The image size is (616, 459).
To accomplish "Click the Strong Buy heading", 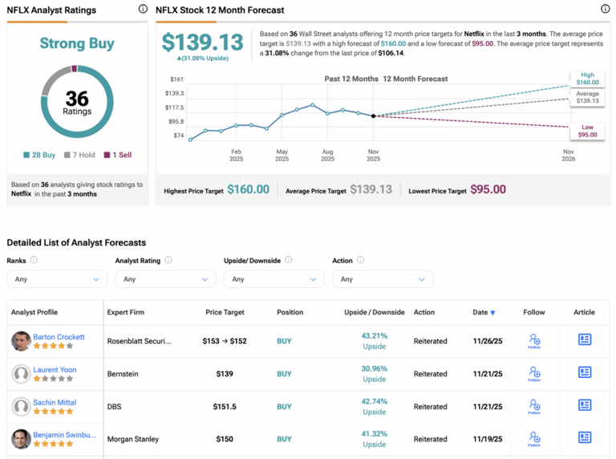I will click(77, 43).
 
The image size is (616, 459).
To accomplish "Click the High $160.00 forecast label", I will click(587, 78).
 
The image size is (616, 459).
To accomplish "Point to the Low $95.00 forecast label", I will click(587, 130).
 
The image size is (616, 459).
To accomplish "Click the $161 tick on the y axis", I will click(176, 79).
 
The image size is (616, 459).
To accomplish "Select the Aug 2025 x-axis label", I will click(327, 154).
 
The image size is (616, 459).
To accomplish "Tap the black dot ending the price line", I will click(374, 116).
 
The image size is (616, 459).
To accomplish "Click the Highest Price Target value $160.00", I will click(248, 189).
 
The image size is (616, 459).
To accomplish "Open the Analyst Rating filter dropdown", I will click(164, 279).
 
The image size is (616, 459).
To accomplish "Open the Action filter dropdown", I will click(382, 279).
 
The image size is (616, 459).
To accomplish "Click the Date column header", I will click(483, 312).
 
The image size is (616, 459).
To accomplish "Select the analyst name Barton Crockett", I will click(59, 337).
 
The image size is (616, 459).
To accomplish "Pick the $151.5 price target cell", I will click(225, 407).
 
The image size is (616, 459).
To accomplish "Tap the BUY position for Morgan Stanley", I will click(284, 440).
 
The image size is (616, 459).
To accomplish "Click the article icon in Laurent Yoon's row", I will click(585, 372).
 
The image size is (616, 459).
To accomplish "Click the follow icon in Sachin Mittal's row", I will click(534, 407).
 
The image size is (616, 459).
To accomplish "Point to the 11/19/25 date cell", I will click(486, 440).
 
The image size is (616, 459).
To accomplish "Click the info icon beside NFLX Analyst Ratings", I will click(143, 10).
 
